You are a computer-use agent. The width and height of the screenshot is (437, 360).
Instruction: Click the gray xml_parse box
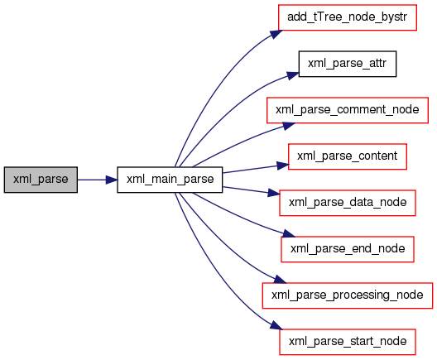(x=41, y=180)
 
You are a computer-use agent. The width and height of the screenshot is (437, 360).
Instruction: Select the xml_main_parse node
(x=170, y=180)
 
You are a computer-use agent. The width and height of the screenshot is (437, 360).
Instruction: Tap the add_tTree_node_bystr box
(x=348, y=17)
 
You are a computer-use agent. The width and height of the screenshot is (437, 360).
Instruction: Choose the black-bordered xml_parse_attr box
(x=348, y=64)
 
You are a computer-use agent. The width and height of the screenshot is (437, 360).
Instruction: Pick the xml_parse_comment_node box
(x=348, y=110)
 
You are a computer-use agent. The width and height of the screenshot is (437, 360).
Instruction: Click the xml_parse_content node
(x=348, y=156)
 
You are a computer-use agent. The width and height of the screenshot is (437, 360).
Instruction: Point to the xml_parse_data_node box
(x=348, y=203)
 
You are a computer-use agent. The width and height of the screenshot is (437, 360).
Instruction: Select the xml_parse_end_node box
(x=348, y=249)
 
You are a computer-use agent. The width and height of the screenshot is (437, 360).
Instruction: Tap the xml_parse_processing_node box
(x=348, y=295)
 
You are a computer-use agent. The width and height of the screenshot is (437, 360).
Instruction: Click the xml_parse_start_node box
(x=348, y=342)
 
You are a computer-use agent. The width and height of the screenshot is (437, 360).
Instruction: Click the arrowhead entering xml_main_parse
(x=112, y=180)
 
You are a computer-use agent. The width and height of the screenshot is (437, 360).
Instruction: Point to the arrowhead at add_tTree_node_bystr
(x=276, y=34)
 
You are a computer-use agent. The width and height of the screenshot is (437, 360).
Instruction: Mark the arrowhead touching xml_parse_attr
(x=293, y=75)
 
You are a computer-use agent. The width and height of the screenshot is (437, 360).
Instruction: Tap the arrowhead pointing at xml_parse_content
(x=282, y=166)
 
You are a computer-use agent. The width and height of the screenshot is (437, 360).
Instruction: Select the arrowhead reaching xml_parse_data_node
(x=274, y=193)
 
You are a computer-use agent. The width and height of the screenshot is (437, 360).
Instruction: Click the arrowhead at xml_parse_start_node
(x=276, y=325)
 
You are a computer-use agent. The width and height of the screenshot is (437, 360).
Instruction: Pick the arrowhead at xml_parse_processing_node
(x=280, y=279)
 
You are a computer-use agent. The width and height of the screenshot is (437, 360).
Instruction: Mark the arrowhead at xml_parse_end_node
(x=288, y=233)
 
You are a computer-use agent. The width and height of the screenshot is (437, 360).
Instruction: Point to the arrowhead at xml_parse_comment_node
(x=289, y=126)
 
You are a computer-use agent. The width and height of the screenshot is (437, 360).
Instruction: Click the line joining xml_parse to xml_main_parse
(x=92, y=180)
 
